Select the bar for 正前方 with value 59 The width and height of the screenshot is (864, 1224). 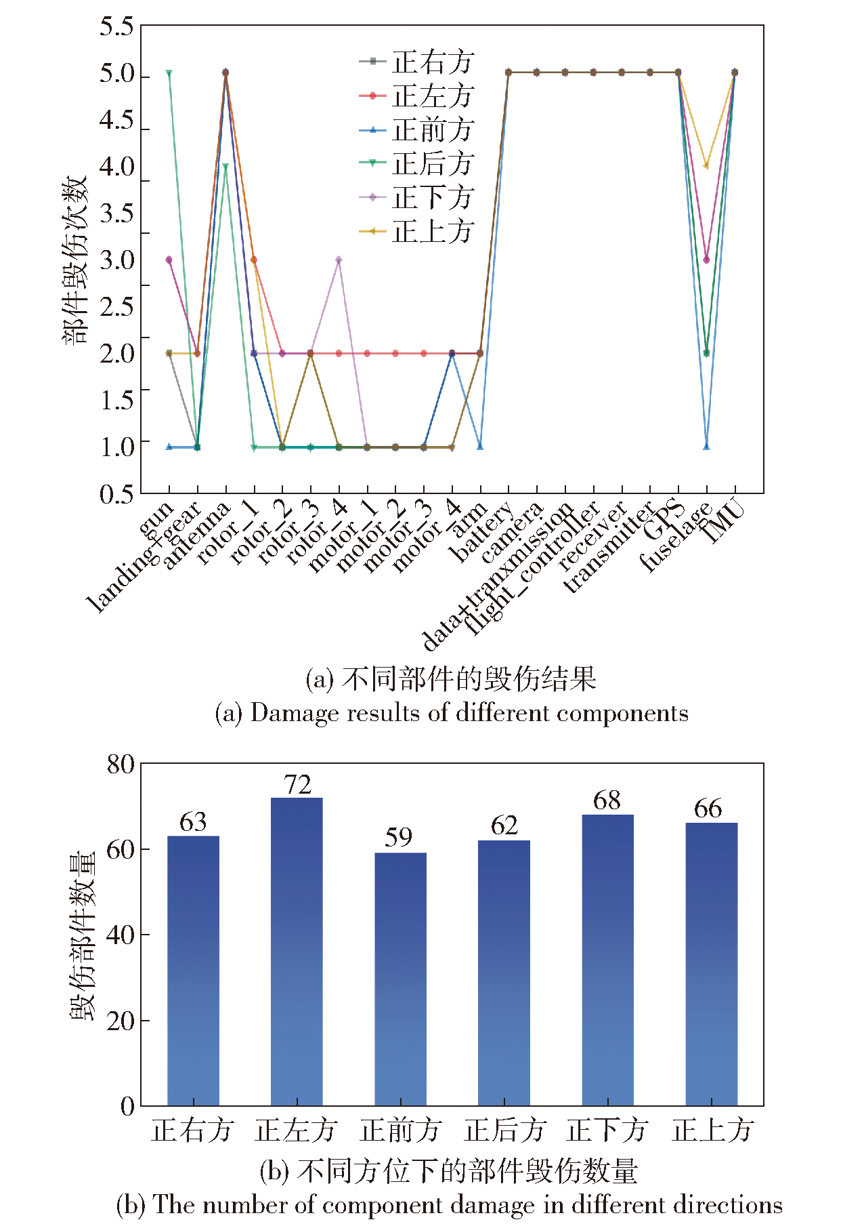coord(400,979)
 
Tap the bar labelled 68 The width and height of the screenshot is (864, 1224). coord(607,960)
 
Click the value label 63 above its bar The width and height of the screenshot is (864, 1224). coord(193,821)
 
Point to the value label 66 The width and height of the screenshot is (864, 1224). coord(708,808)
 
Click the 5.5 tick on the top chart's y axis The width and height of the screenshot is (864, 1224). coord(117,27)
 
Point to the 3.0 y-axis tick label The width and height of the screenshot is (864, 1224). coord(117,260)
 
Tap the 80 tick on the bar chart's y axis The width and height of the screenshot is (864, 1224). coord(121,764)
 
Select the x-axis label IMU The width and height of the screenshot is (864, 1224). coord(722,522)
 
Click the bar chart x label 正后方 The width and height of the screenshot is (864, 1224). coord(505,1130)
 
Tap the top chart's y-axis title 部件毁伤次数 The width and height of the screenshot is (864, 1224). coord(75,260)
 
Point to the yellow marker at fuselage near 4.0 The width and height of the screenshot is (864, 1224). coord(706,165)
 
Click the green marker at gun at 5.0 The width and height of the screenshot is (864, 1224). coord(169,73)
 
